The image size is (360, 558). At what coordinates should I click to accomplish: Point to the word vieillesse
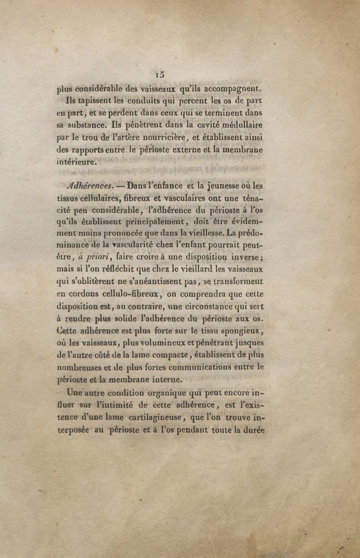pos(202,233)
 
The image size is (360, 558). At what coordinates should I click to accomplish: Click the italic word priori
pos(98,257)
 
